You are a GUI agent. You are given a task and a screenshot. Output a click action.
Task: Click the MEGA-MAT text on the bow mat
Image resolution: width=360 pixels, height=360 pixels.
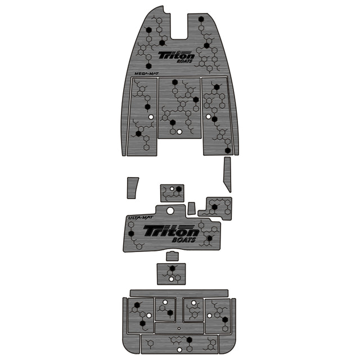[x=146, y=74]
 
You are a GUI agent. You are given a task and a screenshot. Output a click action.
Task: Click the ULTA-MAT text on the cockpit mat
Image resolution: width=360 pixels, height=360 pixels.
[x=140, y=218]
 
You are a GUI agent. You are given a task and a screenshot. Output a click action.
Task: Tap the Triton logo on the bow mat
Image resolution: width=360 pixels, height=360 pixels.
[x=176, y=55]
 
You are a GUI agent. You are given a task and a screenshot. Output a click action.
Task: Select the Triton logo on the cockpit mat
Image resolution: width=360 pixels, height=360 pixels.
[x=171, y=231]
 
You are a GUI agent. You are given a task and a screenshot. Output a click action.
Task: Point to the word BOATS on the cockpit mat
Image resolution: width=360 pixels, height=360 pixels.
[x=184, y=240]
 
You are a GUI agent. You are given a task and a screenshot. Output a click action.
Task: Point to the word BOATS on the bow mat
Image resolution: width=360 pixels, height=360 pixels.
[x=184, y=61]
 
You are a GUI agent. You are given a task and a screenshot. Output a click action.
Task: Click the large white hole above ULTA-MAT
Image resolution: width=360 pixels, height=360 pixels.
[x=170, y=210]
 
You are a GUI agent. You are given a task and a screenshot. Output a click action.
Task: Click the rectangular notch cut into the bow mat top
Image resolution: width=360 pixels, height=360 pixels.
[x=179, y=26]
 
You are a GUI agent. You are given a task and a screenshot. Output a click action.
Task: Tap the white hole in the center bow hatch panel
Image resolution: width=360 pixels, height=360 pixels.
[x=179, y=132]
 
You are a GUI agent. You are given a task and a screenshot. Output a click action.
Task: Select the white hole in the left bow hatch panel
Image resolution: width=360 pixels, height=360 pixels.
[x=151, y=117]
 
